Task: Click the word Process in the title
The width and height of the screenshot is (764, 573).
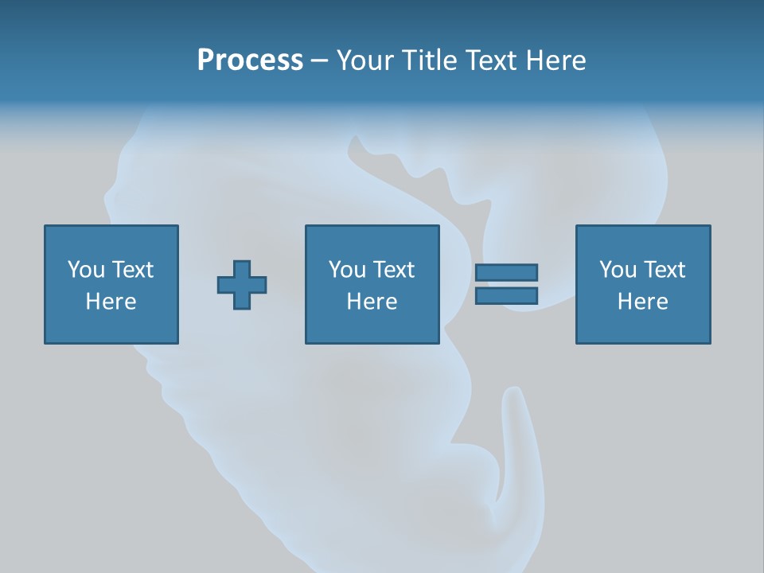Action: pos(250,60)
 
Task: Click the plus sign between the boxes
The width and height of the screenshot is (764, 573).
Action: pos(242,285)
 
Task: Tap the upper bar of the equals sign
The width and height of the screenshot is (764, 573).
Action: pos(506,273)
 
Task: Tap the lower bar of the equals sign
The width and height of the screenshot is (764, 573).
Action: pos(506,296)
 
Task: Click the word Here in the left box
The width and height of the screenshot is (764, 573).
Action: pos(111,302)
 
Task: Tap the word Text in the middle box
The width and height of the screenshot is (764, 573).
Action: pos(394,270)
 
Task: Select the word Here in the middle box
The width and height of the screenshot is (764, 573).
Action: pos(372,302)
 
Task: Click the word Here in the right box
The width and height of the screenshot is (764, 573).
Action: pos(643,302)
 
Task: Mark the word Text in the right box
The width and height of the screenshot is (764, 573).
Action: pos(665,270)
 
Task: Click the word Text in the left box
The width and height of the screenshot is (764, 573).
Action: pos(133,270)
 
